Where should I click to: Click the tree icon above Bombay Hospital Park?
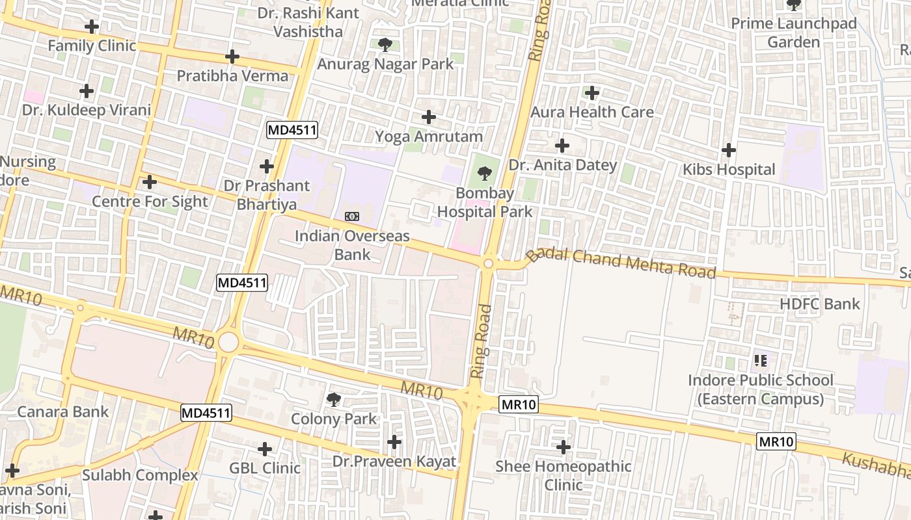pyautogui.click(x=484, y=174)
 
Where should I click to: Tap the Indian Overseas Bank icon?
pyautogui.click(x=352, y=216)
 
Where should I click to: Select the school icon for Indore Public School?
pyautogui.click(x=761, y=360)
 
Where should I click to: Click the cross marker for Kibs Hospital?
pyautogui.click(x=729, y=151)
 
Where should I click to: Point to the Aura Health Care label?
pyautogui.click(x=591, y=112)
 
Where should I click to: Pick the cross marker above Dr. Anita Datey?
pyautogui.click(x=562, y=146)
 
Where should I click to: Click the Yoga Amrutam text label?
pyautogui.click(x=429, y=136)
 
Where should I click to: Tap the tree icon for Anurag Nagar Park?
pyautogui.click(x=385, y=45)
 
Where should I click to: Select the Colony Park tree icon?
pyautogui.click(x=334, y=400)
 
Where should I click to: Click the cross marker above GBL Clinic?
pyautogui.click(x=265, y=449)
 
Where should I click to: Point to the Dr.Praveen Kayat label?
pyautogui.click(x=394, y=461)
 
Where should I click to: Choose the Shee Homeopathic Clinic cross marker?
pyautogui.click(x=564, y=447)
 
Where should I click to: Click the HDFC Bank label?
pyautogui.click(x=819, y=304)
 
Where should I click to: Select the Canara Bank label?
pyautogui.click(x=63, y=411)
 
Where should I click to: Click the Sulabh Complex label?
pyautogui.click(x=140, y=475)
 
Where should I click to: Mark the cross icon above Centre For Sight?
pyautogui.click(x=150, y=182)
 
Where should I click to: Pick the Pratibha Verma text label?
pyautogui.click(x=232, y=76)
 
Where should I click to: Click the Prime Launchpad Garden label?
pyautogui.click(x=793, y=32)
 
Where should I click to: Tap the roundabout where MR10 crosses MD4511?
pyautogui.click(x=228, y=342)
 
